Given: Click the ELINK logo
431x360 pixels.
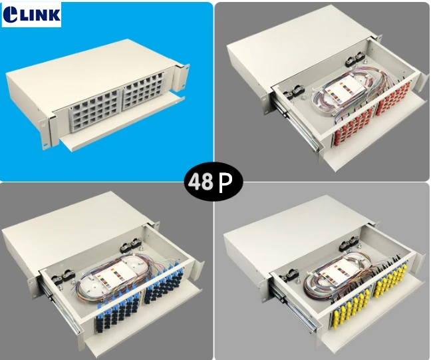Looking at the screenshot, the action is point(31,14).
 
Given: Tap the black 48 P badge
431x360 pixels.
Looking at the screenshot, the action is point(214,182).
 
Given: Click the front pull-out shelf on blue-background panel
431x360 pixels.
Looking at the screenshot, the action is point(122,123).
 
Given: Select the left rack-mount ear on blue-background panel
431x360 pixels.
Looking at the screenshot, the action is point(46,131).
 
